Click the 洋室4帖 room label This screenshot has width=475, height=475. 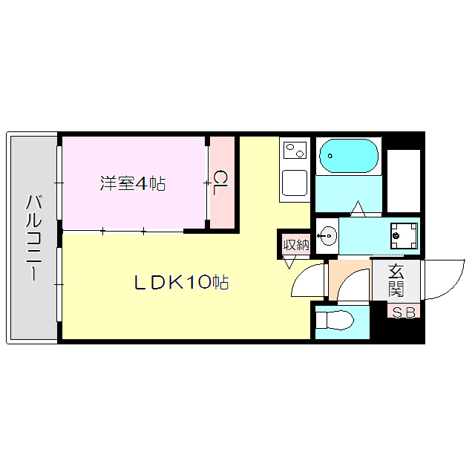point(133,183)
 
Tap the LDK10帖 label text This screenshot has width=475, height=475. point(180,282)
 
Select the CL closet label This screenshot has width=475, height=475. point(221,183)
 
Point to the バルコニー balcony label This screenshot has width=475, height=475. point(33,237)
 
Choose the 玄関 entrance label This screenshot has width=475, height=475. point(396,281)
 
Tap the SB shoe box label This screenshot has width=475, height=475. point(404,312)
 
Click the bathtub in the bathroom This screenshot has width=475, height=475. point(348,157)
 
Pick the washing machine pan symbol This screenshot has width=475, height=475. point(401,236)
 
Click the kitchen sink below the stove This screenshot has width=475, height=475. point(295,183)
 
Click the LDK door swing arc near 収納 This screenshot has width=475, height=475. point(306,281)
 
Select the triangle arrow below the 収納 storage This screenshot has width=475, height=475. point(289,264)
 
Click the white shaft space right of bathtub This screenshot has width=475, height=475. point(404,180)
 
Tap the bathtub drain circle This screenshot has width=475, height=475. point(327,157)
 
